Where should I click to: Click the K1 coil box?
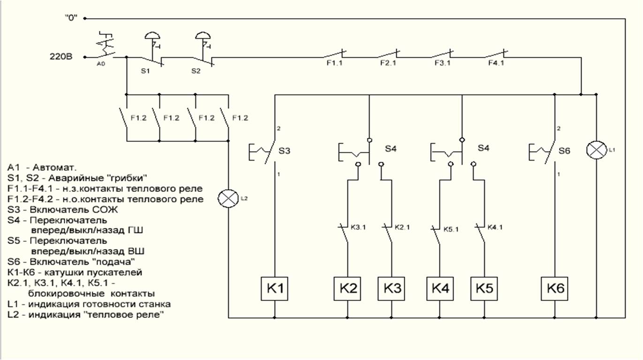[275, 290]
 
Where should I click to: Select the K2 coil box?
[348, 290]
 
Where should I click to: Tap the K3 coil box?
[392, 290]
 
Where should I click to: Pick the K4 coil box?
[440, 290]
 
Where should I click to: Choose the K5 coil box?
[484, 290]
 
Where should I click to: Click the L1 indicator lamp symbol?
[596, 150]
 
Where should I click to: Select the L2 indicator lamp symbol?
[228, 199]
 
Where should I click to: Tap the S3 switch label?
[285, 151]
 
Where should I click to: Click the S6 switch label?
[565, 151]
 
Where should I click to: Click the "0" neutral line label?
[71, 18]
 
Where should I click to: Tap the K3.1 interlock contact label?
[358, 228]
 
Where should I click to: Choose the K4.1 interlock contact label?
[495, 228]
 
